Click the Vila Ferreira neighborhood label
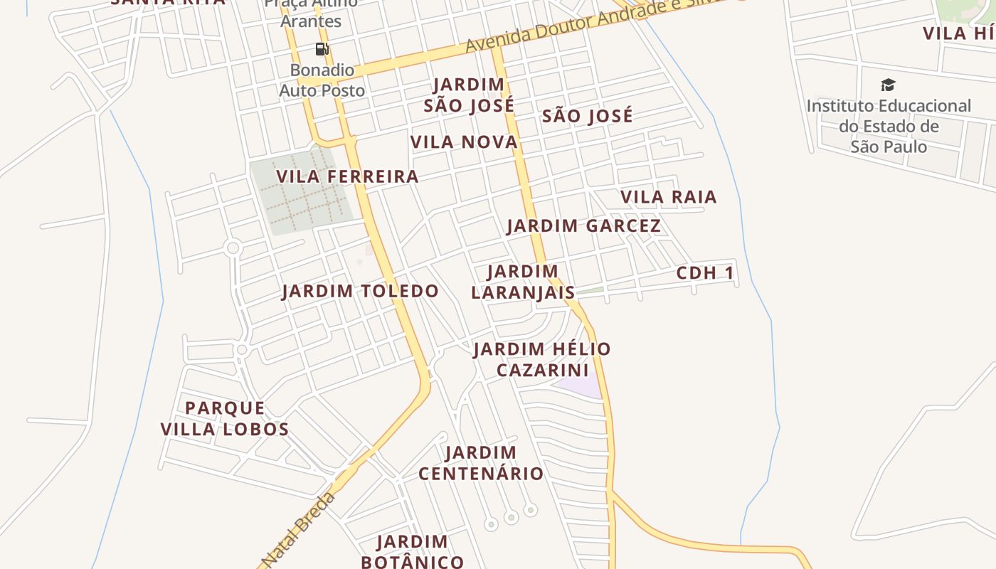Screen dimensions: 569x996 [347, 176]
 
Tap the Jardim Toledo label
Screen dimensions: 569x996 [360, 291]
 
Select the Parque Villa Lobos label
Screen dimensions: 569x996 [225, 419]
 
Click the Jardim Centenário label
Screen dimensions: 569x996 [481, 463]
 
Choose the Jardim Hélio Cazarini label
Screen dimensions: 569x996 [542, 359]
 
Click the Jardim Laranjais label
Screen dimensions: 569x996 [523, 282]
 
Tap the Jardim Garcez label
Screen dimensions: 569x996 [583, 226]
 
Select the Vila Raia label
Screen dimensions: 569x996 [668, 196]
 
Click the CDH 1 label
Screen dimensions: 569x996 [704, 273]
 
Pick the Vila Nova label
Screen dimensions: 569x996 [464, 142]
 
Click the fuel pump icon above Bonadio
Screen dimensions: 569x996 [322, 49]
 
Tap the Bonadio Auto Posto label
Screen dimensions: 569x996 [322, 80]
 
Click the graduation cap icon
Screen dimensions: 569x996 [888, 85]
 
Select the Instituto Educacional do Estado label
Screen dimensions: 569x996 [889, 126]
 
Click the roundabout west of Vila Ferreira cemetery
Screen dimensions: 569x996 [232, 248]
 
